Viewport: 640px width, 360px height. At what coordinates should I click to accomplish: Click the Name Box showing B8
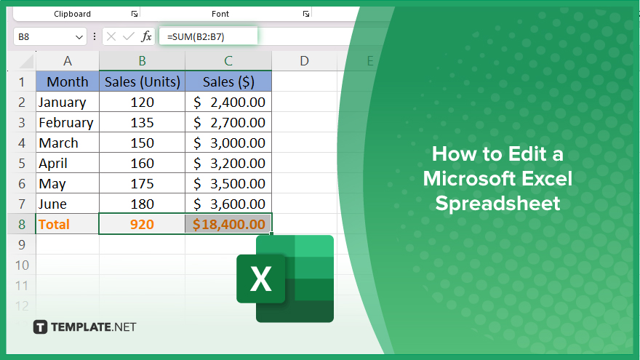point(49,37)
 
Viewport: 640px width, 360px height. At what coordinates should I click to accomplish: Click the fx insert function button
point(146,37)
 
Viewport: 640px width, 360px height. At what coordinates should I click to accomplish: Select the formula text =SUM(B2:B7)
point(196,37)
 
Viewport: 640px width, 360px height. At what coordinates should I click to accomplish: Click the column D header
point(304,61)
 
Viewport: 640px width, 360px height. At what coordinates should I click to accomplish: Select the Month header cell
point(68,81)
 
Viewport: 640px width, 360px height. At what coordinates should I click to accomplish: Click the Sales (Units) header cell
point(142,81)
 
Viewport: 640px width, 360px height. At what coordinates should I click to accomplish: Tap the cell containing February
point(68,122)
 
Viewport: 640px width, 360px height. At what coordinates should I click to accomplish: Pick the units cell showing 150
point(142,143)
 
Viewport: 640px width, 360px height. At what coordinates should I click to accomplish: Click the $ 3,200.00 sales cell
point(228,163)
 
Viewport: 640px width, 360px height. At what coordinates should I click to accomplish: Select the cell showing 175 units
point(142,184)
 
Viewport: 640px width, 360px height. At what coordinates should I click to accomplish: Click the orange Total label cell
point(68,224)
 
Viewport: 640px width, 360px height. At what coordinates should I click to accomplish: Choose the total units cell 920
point(142,224)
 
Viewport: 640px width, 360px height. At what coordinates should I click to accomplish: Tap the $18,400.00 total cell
point(228,224)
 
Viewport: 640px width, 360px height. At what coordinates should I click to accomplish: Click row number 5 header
point(22,163)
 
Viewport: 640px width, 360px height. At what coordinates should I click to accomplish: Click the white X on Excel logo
point(261,279)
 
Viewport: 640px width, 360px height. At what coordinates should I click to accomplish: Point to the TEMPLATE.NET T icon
point(40,327)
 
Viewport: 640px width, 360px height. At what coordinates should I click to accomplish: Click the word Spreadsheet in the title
point(497,204)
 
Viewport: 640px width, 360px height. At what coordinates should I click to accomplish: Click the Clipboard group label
point(72,14)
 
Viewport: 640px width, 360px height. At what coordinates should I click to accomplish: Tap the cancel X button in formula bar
point(111,37)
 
